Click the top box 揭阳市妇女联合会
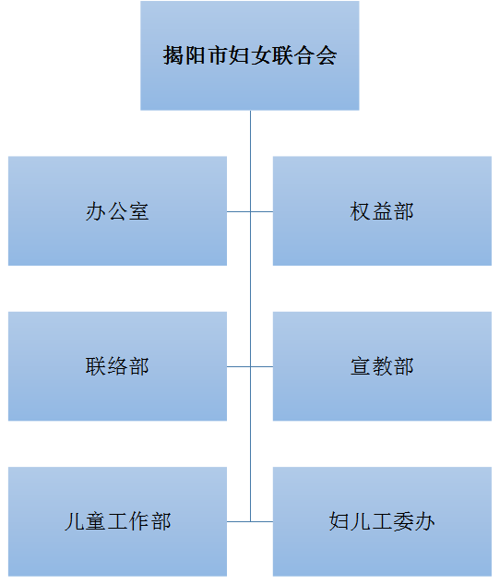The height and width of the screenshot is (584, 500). point(250,55)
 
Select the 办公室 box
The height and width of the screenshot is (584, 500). point(118,210)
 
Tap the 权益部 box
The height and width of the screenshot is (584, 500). point(382,210)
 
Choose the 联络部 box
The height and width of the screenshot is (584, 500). point(118,366)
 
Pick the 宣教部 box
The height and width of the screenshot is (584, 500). point(382,366)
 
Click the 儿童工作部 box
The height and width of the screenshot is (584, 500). point(118,521)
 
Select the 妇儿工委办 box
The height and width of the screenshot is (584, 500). point(382,521)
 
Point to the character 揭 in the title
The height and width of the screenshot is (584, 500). point(173,55)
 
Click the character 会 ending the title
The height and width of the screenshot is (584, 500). point(327,55)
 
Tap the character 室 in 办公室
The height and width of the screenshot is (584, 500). point(139,211)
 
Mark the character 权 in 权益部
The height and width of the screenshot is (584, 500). point(361,211)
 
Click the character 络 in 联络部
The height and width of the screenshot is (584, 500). point(118,366)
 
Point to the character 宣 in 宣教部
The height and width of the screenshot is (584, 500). point(361,366)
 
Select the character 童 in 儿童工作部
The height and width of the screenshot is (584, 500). point(96,521)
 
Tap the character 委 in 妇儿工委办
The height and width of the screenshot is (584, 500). point(403,521)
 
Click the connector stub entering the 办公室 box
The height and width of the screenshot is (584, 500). point(239,211)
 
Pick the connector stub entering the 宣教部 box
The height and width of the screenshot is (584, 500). point(262,366)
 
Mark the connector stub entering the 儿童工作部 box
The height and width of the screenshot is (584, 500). point(239,521)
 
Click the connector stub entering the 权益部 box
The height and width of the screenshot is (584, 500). point(262,211)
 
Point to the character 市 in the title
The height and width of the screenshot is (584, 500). point(217,55)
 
